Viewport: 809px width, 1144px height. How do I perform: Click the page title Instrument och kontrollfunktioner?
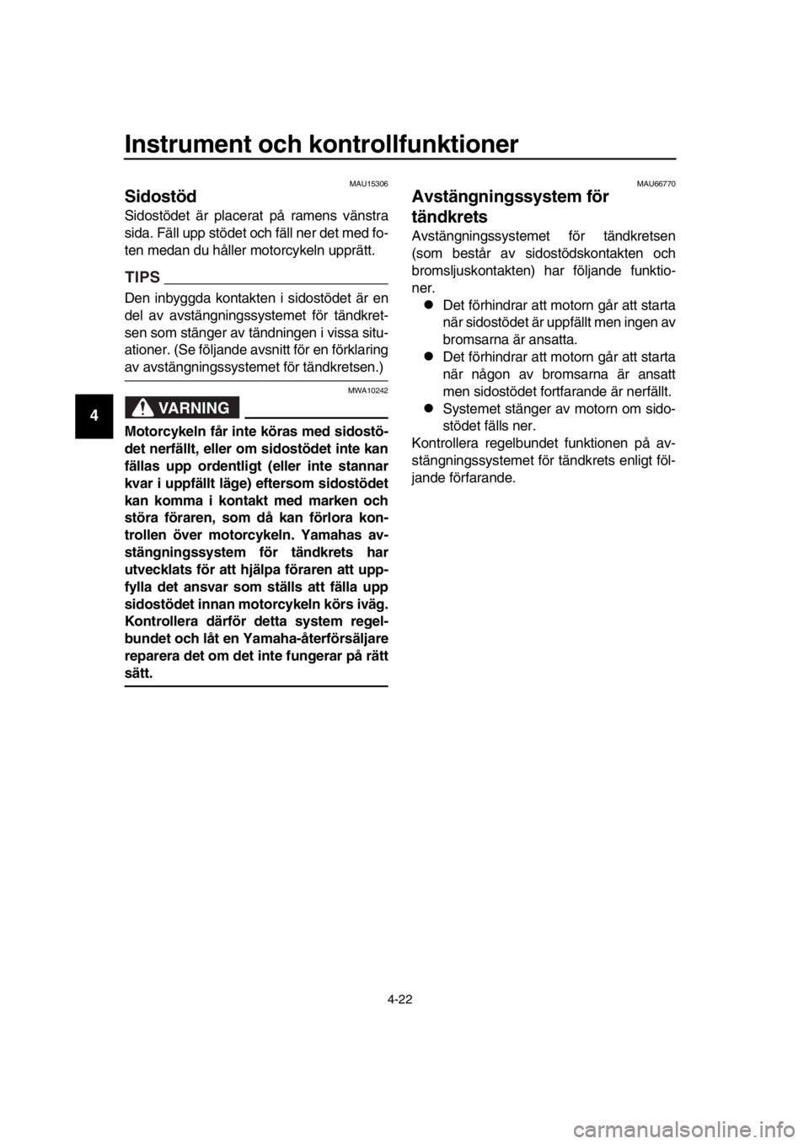coord(322,144)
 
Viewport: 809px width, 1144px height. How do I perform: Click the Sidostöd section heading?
coord(160,196)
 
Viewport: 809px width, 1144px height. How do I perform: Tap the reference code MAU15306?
coord(368,184)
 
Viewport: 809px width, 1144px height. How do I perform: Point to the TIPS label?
coord(142,277)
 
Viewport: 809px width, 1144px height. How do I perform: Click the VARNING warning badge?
coord(182,407)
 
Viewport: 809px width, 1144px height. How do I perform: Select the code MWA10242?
coord(368,391)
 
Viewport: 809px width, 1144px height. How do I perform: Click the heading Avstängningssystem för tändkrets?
coord(510,207)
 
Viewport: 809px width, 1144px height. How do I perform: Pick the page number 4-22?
coord(399,1000)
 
